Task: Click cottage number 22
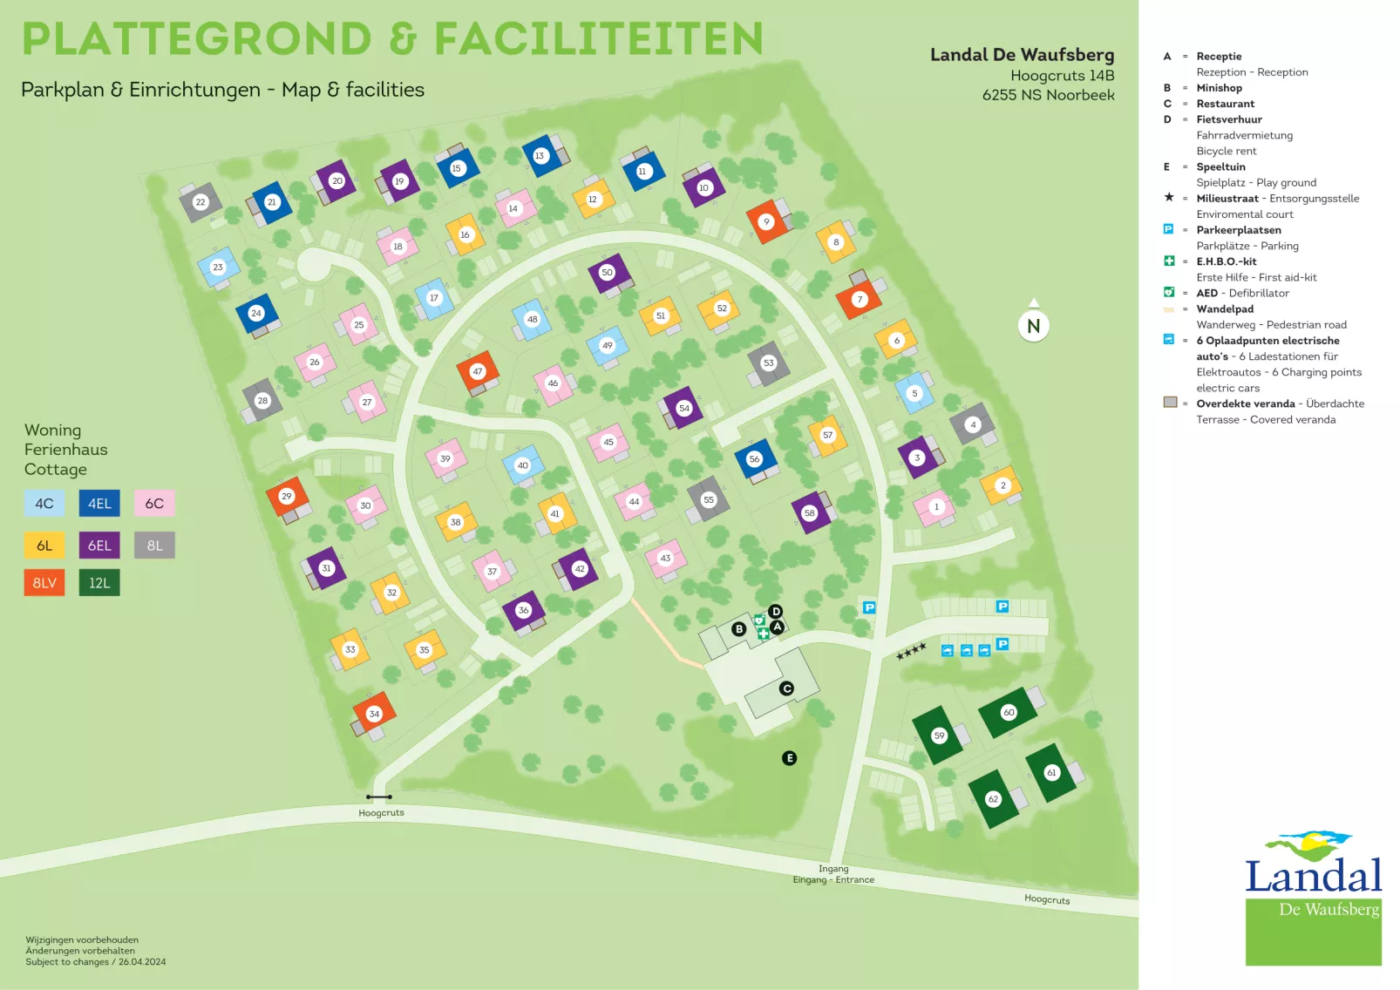(200, 201)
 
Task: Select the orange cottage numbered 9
(766, 221)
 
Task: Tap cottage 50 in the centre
(608, 273)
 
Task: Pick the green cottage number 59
(939, 736)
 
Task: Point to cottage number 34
(374, 714)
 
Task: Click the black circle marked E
(789, 758)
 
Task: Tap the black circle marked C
(786, 688)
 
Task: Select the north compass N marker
(1033, 326)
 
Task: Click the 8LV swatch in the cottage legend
(44, 583)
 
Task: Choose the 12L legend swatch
(99, 583)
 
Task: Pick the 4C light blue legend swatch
(44, 504)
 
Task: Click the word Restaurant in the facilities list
(1225, 104)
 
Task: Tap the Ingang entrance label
(833, 869)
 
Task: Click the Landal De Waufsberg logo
(1313, 898)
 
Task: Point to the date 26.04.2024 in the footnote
(142, 962)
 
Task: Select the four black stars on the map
(911, 651)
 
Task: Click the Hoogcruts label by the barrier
(381, 813)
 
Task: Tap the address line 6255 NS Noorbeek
(1048, 95)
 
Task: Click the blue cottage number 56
(754, 459)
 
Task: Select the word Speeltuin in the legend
(1220, 167)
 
